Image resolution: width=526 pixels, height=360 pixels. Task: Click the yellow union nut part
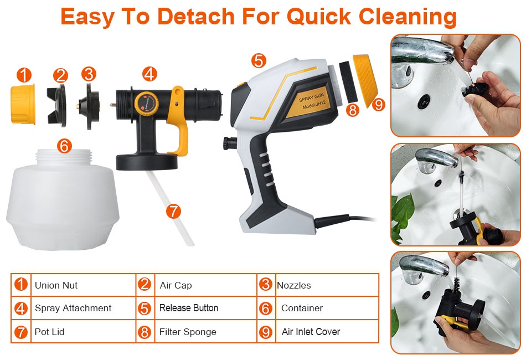[23, 104]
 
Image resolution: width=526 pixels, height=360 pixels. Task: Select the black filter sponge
[348, 82]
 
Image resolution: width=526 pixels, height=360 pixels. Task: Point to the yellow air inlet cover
[365, 80]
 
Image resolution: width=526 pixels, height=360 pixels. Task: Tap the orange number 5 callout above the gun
[259, 61]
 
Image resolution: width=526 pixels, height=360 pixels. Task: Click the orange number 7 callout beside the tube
[173, 212]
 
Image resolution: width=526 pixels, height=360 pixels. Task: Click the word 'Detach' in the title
[196, 17]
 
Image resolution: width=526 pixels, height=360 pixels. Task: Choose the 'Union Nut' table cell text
[56, 285]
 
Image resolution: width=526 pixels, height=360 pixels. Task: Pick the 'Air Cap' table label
[176, 285]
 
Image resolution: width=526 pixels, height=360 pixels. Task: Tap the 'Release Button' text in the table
[189, 308]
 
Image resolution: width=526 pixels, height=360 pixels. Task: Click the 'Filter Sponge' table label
[188, 332]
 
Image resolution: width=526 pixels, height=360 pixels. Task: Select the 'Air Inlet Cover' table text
[311, 332]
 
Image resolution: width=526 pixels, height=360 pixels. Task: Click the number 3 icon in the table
[265, 285]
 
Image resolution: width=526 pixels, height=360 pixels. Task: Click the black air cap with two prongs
[56, 105]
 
